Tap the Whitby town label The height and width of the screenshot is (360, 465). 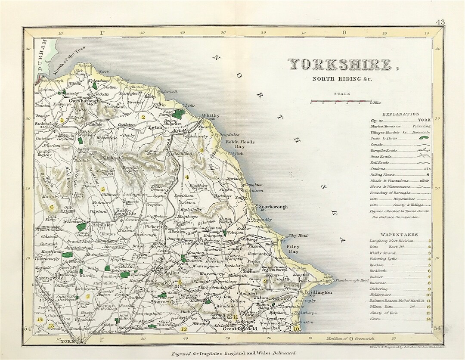coord(211,116)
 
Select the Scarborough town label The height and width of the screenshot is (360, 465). coord(273,207)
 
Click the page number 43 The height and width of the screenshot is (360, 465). coord(440,22)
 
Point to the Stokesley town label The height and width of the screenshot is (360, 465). coord(43,123)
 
